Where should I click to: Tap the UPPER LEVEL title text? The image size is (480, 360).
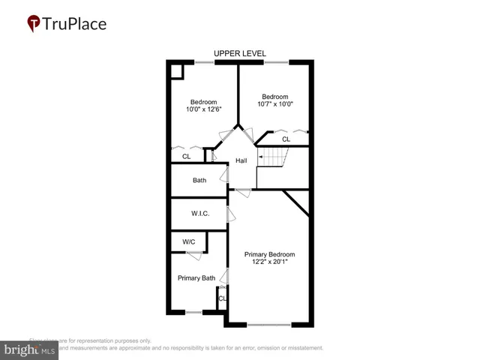point(239,53)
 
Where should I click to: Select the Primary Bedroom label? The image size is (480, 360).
point(270,254)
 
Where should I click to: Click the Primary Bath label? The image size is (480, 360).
point(196,278)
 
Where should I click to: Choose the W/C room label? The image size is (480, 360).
point(188,241)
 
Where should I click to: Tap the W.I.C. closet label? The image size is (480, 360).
point(199,214)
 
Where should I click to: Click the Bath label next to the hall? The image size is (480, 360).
point(199,180)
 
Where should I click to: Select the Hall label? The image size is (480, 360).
point(241,161)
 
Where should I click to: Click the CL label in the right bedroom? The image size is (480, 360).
point(286,139)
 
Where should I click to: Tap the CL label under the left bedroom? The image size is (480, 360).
point(186,156)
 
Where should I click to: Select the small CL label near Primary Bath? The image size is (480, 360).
point(222,299)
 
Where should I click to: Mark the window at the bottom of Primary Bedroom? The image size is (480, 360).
point(269,325)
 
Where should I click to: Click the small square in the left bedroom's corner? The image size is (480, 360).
point(177,70)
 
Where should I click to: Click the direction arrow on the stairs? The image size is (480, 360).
point(262,157)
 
